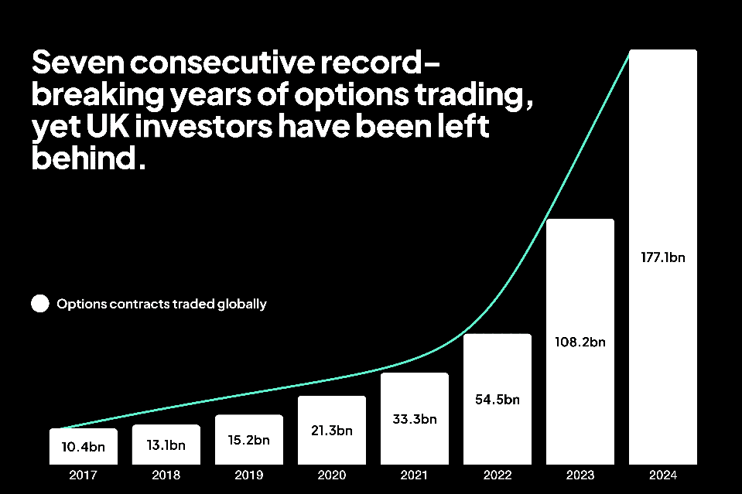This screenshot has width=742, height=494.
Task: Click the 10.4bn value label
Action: coord(83,446)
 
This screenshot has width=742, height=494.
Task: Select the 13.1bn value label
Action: coord(166,445)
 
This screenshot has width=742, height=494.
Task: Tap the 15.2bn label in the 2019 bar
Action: coord(249,440)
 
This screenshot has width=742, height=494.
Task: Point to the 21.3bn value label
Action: coord(332,431)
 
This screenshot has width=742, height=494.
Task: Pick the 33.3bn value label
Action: coord(415,419)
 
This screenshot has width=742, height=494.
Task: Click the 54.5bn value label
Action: coord(498,400)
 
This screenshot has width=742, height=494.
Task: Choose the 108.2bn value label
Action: coord(580,342)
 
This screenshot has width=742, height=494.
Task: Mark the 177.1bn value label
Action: coord(662,257)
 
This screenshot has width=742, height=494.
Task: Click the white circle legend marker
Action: coord(39,304)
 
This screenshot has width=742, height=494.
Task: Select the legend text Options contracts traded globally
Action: coord(162,304)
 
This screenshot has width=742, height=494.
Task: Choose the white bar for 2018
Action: coord(166,456)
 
